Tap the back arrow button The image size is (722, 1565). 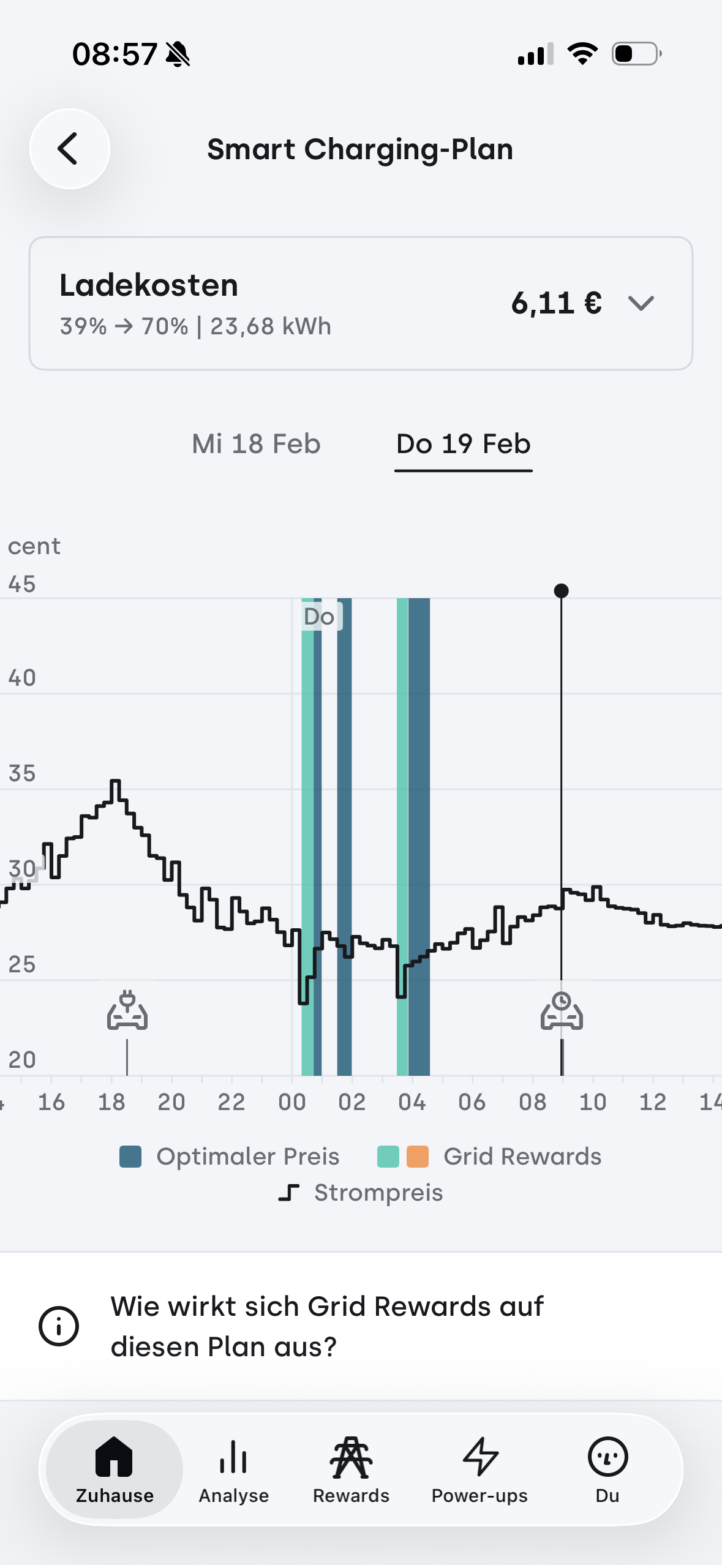[x=69, y=149]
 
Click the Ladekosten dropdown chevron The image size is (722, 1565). [x=641, y=303]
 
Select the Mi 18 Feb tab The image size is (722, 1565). [x=256, y=444]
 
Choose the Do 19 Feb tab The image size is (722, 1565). [x=463, y=444]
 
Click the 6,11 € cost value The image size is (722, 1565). [x=556, y=303]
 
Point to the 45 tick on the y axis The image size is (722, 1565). [x=22, y=584]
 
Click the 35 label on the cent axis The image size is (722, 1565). [x=22, y=773]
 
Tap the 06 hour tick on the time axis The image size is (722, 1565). [x=472, y=1102]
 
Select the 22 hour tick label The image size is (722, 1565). [x=231, y=1102]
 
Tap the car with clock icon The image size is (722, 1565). [x=562, y=1011]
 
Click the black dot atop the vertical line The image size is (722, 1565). [x=561, y=591]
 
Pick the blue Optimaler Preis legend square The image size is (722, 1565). [x=130, y=1157]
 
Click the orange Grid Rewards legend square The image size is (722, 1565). [x=418, y=1157]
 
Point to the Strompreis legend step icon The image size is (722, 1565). [x=289, y=1193]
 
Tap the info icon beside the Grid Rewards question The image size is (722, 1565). [x=59, y=1326]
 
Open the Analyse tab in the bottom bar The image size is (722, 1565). [x=233, y=1468]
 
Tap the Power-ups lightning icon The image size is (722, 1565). [x=480, y=1457]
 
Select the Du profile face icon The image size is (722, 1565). [x=607, y=1457]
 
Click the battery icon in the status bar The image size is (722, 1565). [x=636, y=54]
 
